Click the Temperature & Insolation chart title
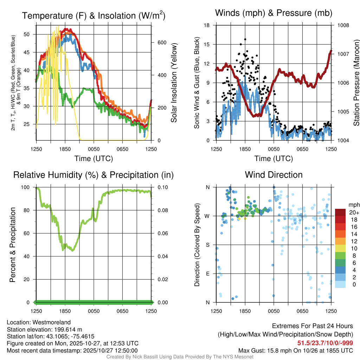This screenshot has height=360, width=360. pos(94,15)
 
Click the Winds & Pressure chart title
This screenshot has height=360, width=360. pos(274,13)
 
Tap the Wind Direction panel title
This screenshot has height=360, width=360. pos(274,174)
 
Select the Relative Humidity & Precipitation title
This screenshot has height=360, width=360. pos(93,175)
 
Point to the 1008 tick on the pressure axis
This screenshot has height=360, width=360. pos(343,25)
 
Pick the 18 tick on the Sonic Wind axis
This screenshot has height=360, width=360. pos(207,25)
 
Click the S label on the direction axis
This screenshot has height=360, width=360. pos(207,245)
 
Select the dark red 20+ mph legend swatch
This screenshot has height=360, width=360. pos(340,212)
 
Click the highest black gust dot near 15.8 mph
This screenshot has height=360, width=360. pos(245,39)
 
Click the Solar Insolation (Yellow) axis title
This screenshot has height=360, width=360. pos(174,83)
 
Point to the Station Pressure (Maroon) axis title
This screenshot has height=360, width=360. pos(356,83)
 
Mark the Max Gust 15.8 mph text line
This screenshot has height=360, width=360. pos(296,351)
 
